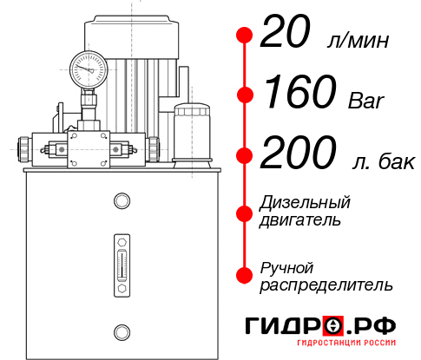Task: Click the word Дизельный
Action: point(305,202)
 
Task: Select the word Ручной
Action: point(286,266)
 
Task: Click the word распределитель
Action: point(326,285)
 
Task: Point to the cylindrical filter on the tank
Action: point(193,132)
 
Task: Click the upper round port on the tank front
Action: point(121,201)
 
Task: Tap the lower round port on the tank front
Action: point(121,331)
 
